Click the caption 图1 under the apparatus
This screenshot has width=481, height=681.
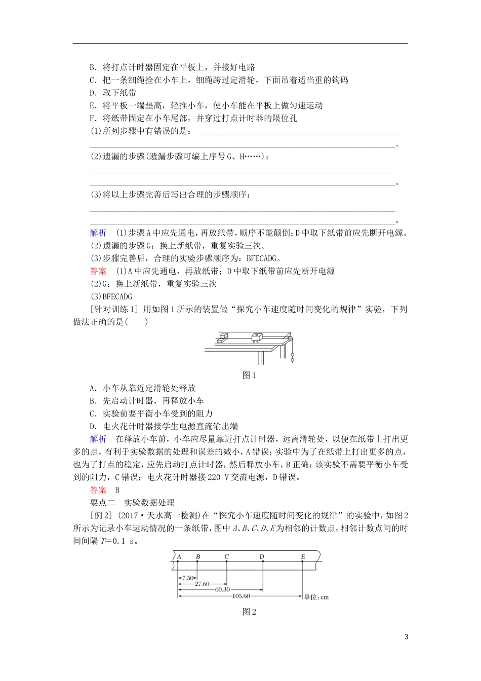(250, 375)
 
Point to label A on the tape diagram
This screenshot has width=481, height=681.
(179, 556)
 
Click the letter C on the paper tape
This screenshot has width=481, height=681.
(226, 556)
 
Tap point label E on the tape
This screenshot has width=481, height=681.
(303, 556)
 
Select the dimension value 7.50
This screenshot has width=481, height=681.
(187, 578)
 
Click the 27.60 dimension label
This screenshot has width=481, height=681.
(202, 584)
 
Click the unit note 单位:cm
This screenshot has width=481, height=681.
(316, 597)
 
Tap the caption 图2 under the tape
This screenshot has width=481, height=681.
(250, 612)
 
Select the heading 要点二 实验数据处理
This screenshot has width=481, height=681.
(132, 502)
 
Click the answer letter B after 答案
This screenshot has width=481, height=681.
(117, 489)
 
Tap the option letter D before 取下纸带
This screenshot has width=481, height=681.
(93, 93)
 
